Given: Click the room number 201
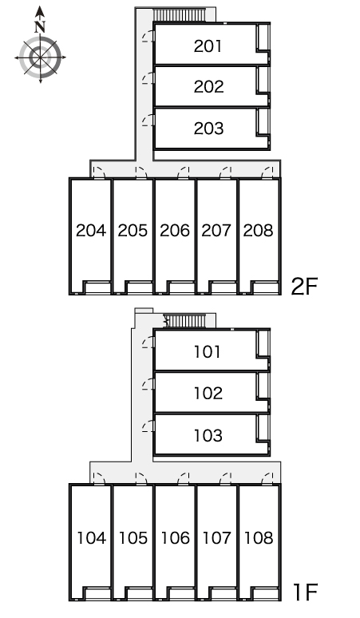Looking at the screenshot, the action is [208, 46].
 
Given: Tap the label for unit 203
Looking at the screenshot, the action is [208, 128].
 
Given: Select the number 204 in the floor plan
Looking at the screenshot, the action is [90, 231].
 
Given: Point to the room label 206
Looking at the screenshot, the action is [175, 231].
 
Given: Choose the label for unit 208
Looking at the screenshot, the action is [259, 231].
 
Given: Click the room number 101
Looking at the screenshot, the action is [208, 351].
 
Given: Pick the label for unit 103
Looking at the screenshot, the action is [208, 435].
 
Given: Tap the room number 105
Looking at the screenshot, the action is [133, 537].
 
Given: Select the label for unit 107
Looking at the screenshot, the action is [216, 537].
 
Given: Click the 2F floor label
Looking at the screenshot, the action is [304, 286].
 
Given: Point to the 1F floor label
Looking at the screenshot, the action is [305, 592].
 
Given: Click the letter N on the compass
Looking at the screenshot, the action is [40, 27].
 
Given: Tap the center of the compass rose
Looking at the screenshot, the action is [40, 57].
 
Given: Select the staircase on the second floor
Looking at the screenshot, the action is [180, 15].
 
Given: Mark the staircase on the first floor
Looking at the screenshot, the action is [184, 321].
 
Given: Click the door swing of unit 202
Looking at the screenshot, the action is [148, 78].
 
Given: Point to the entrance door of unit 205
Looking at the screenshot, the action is [141, 172].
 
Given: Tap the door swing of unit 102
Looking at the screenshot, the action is [148, 384].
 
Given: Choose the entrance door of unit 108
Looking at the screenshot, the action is [267, 478].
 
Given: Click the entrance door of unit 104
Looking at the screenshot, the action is [99, 478].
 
